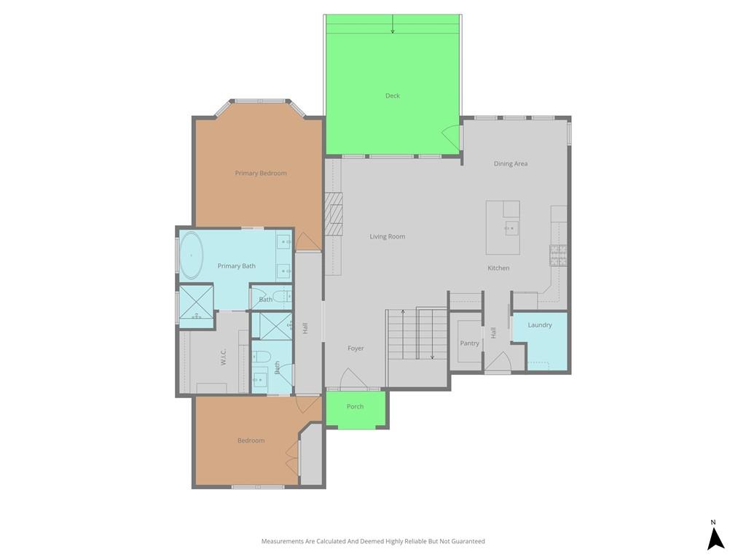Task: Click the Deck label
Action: pos(393,96)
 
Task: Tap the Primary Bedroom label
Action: pos(261,174)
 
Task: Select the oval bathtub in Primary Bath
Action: pos(192,255)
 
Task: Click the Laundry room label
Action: pos(540,324)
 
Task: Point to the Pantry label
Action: pos(470,343)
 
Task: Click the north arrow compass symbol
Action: pos(715,536)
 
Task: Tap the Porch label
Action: pos(355,406)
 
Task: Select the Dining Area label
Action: pos(511,164)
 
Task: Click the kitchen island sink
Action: pos(512,228)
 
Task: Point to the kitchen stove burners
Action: pos(559,255)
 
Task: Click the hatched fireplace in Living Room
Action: pos(334,214)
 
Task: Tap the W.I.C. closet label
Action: pos(224,357)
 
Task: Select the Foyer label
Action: pos(356,349)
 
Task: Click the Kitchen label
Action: pos(498,268)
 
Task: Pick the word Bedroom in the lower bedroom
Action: pos(251,440)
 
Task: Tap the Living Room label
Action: pos(388,237)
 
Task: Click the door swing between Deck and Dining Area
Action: pos(451,138)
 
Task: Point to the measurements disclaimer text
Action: pos(373,541)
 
